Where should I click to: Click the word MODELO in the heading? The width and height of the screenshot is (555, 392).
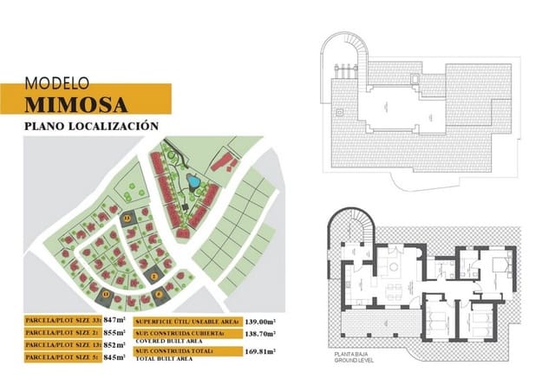(56, 84)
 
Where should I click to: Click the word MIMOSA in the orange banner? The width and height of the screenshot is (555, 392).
(76, 105)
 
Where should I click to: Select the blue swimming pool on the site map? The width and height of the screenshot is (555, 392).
(193, 182)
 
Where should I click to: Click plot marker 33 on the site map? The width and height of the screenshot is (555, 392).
(127, 219)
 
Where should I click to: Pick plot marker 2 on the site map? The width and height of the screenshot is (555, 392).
(154, 276)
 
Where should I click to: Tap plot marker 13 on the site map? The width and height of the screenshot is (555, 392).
(106, 295)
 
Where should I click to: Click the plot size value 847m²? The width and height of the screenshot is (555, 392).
(116, 320)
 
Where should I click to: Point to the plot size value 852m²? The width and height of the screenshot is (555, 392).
(116, 344)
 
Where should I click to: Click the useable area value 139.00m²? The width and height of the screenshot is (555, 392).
(260, 320)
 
